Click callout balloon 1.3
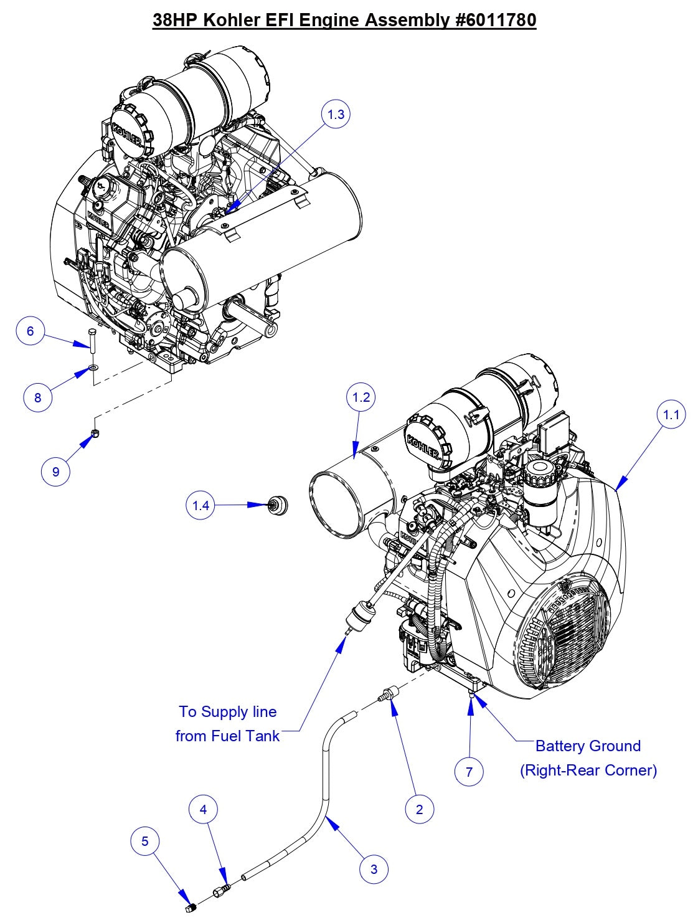click(336, 114)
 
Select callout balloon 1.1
click(671, 414)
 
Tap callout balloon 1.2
click(361, 397)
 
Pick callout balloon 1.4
click(200, 505)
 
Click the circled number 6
click(31, 331)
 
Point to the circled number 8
click(37, 397)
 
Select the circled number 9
click(55, 472)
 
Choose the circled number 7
click(469, 772)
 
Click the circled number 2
click(419, 809)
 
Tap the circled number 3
click(374, 869)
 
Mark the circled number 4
click(203, 809)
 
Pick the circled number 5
click(145, 842)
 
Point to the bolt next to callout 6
click(93, 342)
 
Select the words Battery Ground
click(588, 746)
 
